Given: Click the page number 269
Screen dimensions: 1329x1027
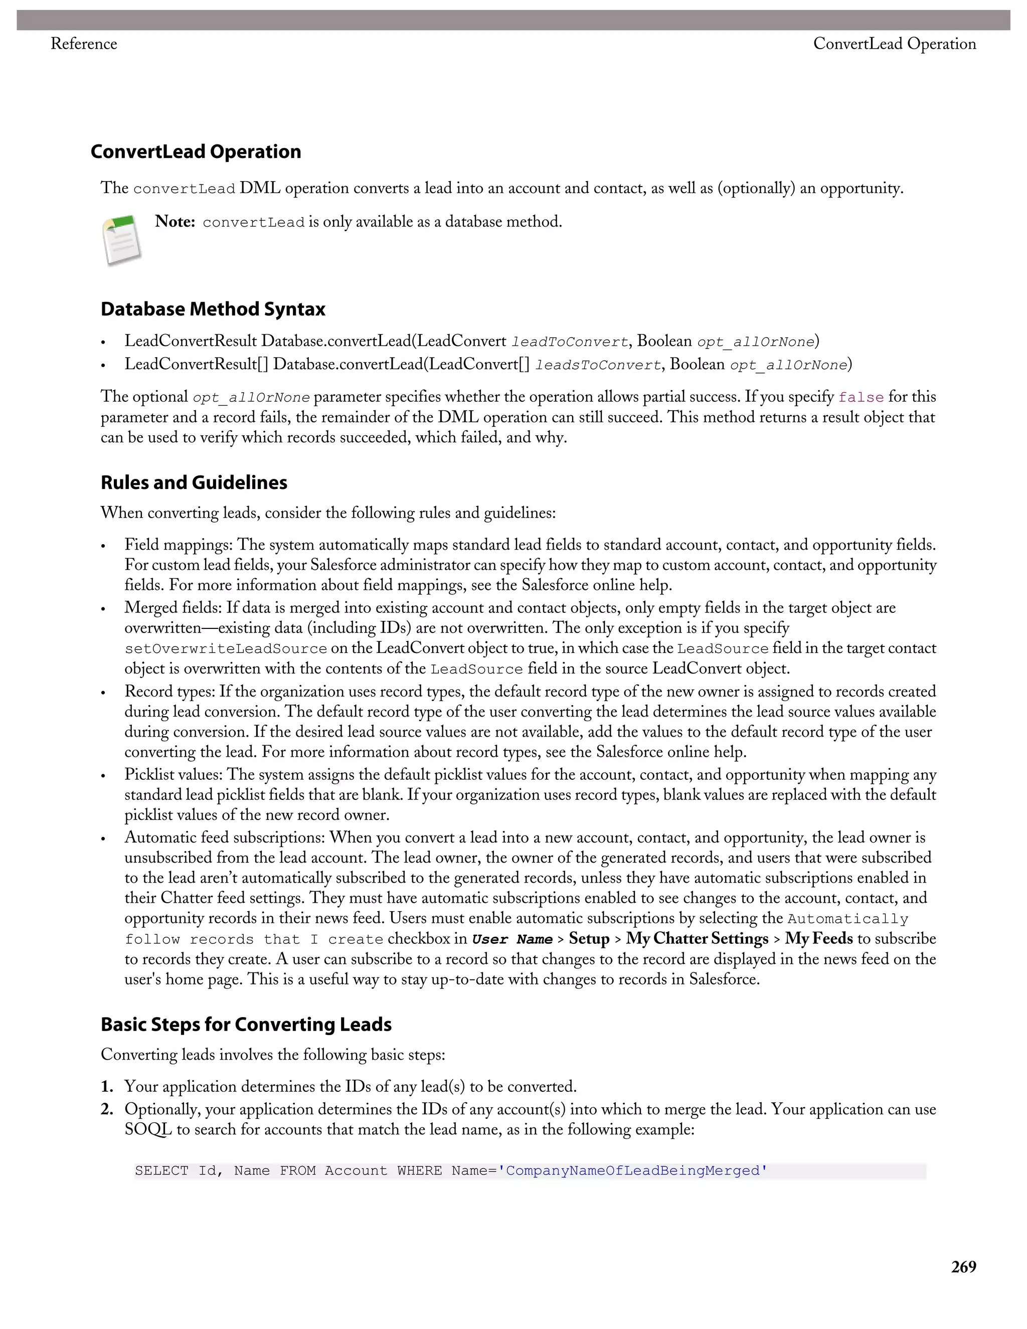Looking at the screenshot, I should coord(964,1267).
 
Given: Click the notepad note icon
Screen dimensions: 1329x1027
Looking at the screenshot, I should coord(122,240).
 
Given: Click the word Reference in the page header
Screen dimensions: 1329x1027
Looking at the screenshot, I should coord(83,44).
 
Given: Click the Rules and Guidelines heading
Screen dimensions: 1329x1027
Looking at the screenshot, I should coord(194,482).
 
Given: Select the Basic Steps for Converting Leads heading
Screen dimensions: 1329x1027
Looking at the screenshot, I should coord(246,1024).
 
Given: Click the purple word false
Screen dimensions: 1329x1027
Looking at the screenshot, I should coord(861,397).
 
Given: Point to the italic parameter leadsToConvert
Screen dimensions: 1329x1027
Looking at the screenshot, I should coord(597,365).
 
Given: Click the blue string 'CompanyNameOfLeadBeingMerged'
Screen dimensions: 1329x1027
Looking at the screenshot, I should coord(632,1171).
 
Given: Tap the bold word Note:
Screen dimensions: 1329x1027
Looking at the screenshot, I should coord(175,222).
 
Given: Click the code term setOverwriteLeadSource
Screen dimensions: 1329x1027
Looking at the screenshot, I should coord(226,648).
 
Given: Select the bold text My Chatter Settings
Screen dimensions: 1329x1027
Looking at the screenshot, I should coord(697,939).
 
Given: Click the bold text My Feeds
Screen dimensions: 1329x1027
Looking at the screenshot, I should coord(818,939).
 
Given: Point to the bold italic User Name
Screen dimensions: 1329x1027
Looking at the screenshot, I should coord(511,939).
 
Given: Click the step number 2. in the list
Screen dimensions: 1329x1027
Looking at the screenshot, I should coord(107,1109).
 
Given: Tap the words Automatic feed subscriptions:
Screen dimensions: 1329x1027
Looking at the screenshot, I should coord(225,838).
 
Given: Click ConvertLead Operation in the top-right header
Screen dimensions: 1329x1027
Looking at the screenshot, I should coord(895,44).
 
